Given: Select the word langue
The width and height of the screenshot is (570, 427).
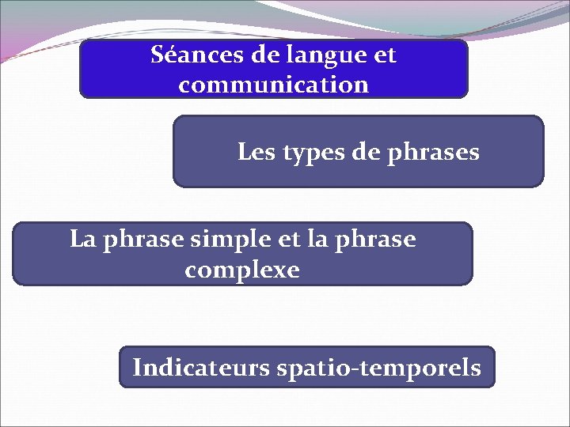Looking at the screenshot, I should coord(325,56).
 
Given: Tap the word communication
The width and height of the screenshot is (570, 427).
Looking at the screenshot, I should coord(273,85).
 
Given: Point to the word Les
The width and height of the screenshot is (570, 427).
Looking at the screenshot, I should coord(253,152).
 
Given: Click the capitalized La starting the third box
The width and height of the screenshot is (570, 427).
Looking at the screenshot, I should coord(82,239).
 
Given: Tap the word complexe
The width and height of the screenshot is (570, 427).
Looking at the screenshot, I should coord(242,270).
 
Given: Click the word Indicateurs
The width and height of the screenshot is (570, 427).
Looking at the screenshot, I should coord(201,368).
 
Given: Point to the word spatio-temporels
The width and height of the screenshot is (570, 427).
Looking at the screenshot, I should coord(378,368).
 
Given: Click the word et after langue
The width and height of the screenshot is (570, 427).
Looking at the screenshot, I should coord(383,56).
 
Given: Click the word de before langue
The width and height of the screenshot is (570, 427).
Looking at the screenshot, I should coord(268,56).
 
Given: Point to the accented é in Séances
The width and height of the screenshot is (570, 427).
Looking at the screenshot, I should coord(168,56).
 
